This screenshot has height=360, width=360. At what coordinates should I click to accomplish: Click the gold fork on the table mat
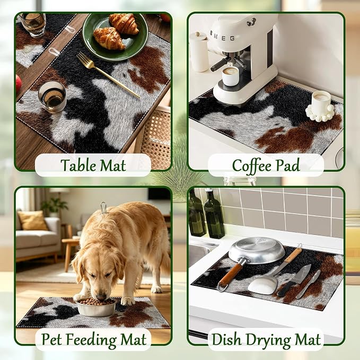tap(108, 74)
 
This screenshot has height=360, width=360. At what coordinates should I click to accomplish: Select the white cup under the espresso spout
tap(230, 76)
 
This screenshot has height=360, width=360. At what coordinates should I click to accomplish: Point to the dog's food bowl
tap(96, 307)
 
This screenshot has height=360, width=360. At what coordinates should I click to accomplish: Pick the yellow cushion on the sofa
tap(32, 220)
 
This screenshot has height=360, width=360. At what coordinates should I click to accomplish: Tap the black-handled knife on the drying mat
tap(294, 280)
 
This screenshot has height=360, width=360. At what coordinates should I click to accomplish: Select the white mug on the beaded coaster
tap(321, 102)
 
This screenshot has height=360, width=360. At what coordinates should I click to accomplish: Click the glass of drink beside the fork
tap(52, 97)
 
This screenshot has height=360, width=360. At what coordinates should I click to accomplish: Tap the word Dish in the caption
tap(226, 339)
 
